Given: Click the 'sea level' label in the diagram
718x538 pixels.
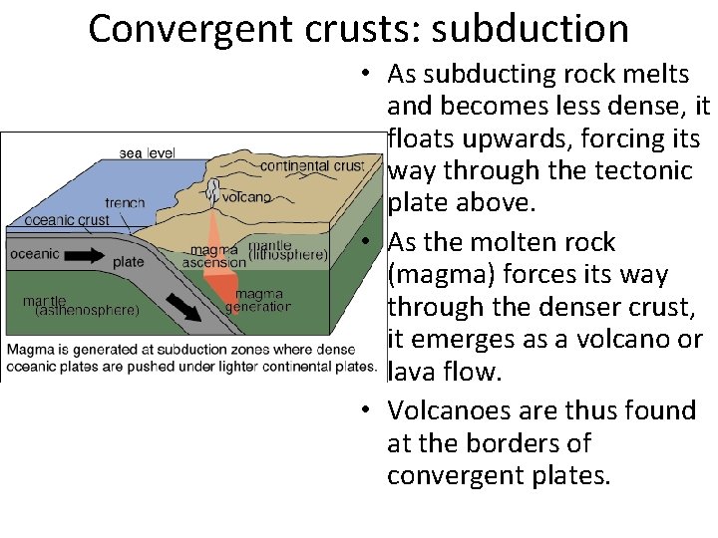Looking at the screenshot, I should pos(147,152).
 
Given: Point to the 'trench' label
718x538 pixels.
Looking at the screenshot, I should pos(125,203).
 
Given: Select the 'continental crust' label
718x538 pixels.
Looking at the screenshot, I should pos(312,165).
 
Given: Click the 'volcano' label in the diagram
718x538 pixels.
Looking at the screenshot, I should pos(246,197).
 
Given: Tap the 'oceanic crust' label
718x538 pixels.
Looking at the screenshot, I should pos(67,220).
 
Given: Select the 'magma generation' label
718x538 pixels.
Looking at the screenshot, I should pos(258,300).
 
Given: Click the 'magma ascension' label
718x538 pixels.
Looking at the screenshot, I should pos(213,255).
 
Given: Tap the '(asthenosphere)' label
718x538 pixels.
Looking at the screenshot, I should pos(87,310).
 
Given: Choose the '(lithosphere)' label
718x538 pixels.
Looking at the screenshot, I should pos(288,254).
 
